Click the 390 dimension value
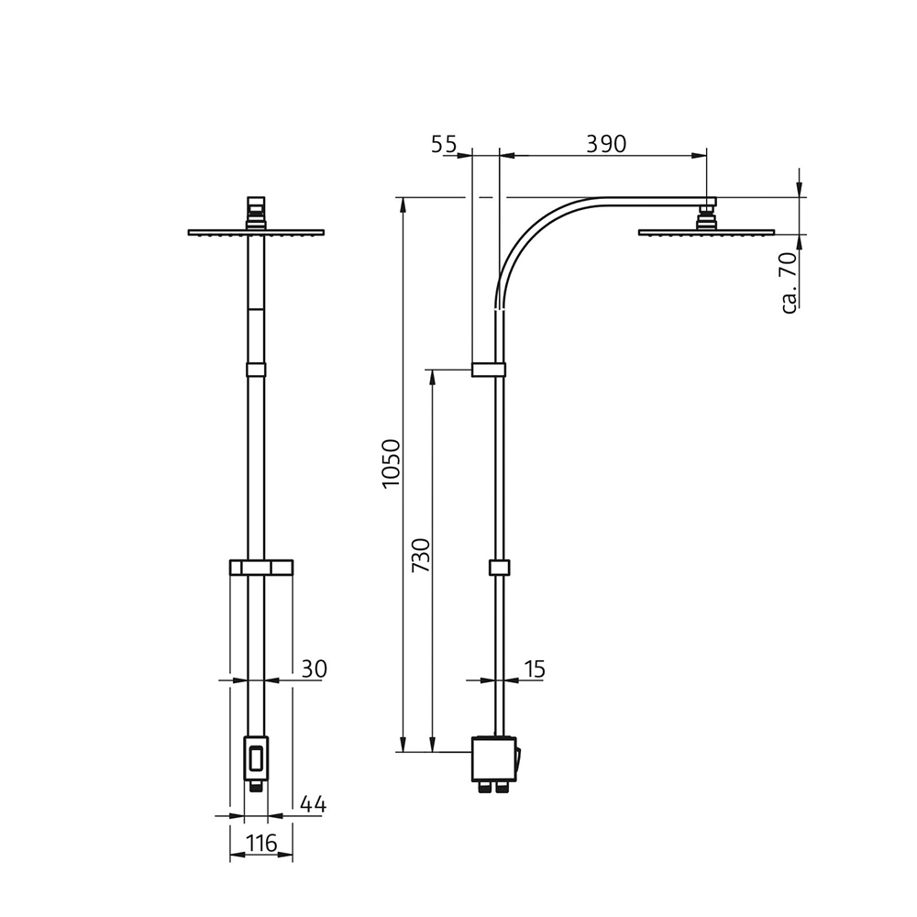[605, 143]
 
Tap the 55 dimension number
[444, 143]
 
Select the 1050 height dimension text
[392, 464]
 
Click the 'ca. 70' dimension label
[788, 283]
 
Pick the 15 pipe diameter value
[535, 669]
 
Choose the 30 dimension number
[314, 669]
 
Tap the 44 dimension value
[313, 805]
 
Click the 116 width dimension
[261, 844]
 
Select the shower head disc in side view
[706, 232]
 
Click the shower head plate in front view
[256, 232]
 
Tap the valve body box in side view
[493, 757]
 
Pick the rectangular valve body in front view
[256, 759]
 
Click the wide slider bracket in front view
[260, 569]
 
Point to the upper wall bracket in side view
[489, 370]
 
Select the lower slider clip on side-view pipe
[499, 568]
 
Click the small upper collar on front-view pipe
[256, 370]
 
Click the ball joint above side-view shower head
[706, 217]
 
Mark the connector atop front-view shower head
[256, 212]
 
